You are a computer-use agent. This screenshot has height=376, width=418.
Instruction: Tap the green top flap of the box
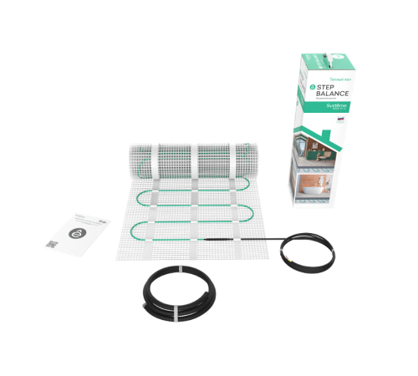point(318,61)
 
